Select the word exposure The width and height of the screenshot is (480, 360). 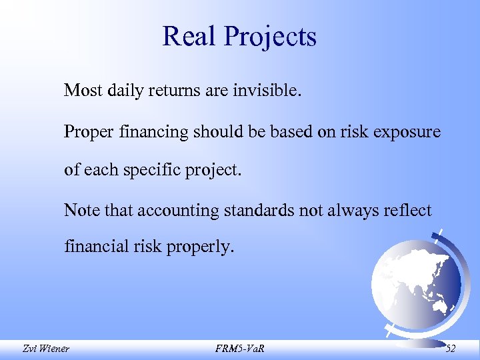[x=407, y=133]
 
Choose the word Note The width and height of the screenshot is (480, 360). [x=79, y=211]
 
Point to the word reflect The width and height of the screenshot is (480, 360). [x=408, y=211]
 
